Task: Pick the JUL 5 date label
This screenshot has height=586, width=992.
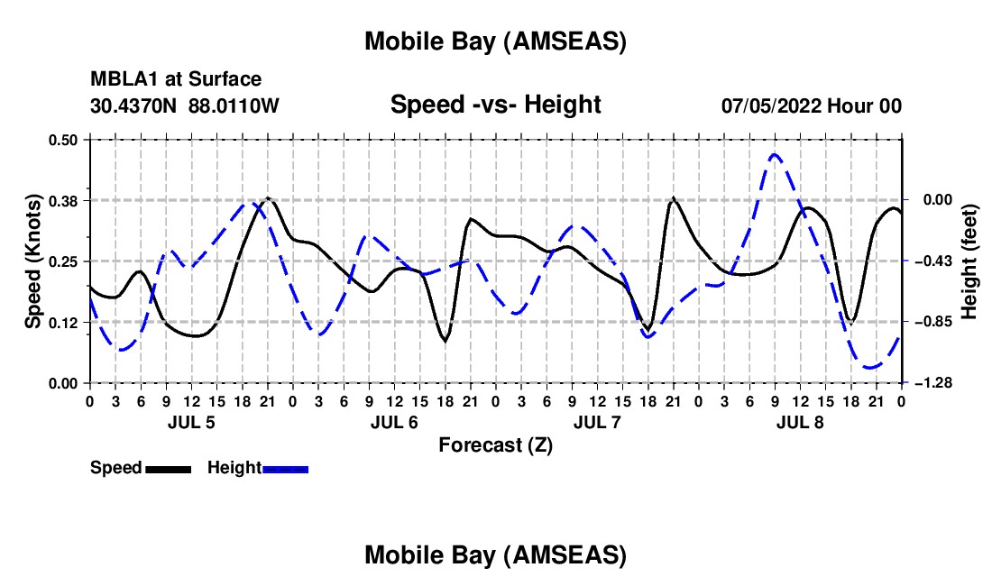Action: click(191, 422)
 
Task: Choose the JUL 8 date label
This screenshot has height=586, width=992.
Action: click(800, 422)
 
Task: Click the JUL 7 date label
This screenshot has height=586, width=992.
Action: click(597, 422)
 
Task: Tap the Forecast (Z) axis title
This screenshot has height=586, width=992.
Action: click(495, 444)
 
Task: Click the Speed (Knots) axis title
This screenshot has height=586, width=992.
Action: click(33, 261)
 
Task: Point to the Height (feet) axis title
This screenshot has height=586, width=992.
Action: click(969, 261)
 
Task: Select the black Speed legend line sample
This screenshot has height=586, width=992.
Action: click(168, 469)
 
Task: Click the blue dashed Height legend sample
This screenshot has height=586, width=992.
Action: click(286, 469)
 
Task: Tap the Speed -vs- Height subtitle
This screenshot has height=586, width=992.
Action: click(495, 105)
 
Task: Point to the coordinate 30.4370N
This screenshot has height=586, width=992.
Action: click(135, 106)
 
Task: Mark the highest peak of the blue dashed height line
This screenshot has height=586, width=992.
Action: click(775, 155)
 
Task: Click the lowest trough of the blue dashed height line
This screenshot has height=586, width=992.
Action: click(870, 367)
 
